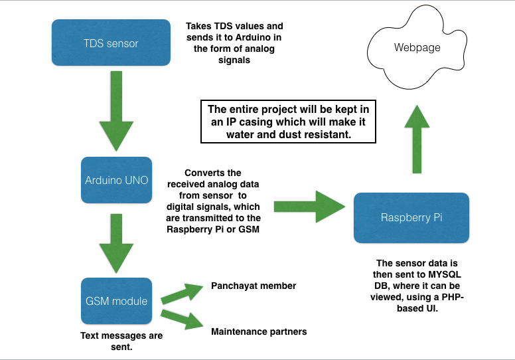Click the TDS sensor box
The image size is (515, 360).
coord(111,43)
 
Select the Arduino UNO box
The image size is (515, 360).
coord(117,180)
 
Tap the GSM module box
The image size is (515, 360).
coord(117,300)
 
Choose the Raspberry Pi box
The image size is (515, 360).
coord(411,217)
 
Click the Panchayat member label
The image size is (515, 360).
coord(254,286)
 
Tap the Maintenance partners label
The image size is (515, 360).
coord(259,331)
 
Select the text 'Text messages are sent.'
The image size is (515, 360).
coord(121,341)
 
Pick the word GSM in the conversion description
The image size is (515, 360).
coord(248,230)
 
